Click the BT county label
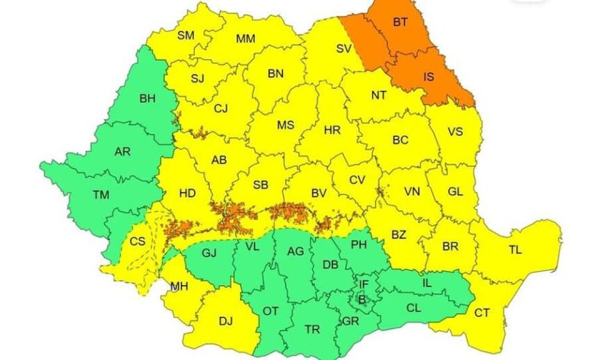(x=401, y=22)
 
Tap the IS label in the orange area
(x=428, y=77)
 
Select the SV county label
(x=344, y=49)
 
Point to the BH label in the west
(x=147, y=99)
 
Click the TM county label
(x=102, y=195)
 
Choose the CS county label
(x=137, y=241)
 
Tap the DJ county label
(x=225, y=320)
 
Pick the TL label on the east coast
(x=515, y=249)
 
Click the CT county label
(x=482, y=313)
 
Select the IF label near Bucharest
(x=364, y=284)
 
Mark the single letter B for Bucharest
(x=361, y=300)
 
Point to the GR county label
(x=350, y=321)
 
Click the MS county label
(x=285, y=126)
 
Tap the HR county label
(x=332, y=129)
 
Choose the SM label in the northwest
(x=186, y=35)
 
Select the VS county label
(x=455, y=132)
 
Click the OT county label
(x=270, y=311)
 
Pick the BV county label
(x=319, y=193)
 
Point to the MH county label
(x=178, y=286)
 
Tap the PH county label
(x=359, y=244)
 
